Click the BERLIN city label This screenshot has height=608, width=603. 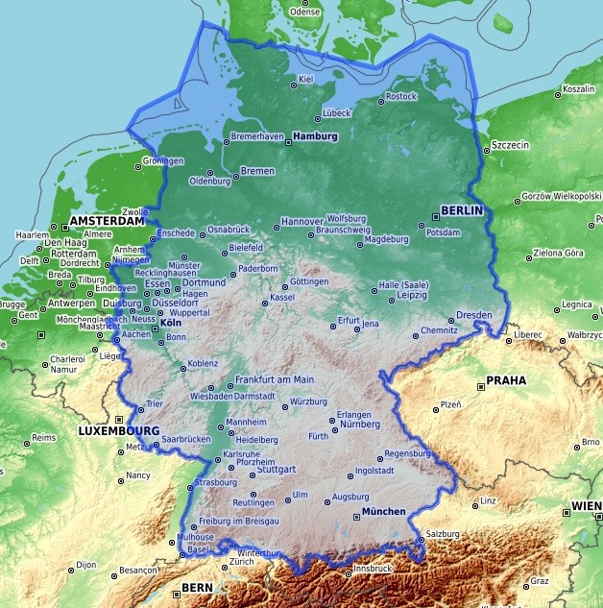pos(461,209)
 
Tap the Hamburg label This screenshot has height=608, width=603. pos(317,136)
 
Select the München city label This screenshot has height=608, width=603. pos(383,512)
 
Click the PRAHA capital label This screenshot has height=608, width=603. pos(506,380)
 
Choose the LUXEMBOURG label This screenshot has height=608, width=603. pos(118,431)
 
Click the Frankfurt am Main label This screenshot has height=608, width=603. pos(275,379)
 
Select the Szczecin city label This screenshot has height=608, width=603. pos(510,145)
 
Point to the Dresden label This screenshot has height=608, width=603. pos(474,315)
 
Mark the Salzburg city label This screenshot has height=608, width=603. pos(446,533)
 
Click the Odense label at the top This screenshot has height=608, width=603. pos(305,12)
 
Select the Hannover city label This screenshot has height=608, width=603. pos(301,222)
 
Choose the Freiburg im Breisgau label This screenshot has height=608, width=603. pos(238,521)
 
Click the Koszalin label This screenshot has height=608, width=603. pos(579,88)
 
